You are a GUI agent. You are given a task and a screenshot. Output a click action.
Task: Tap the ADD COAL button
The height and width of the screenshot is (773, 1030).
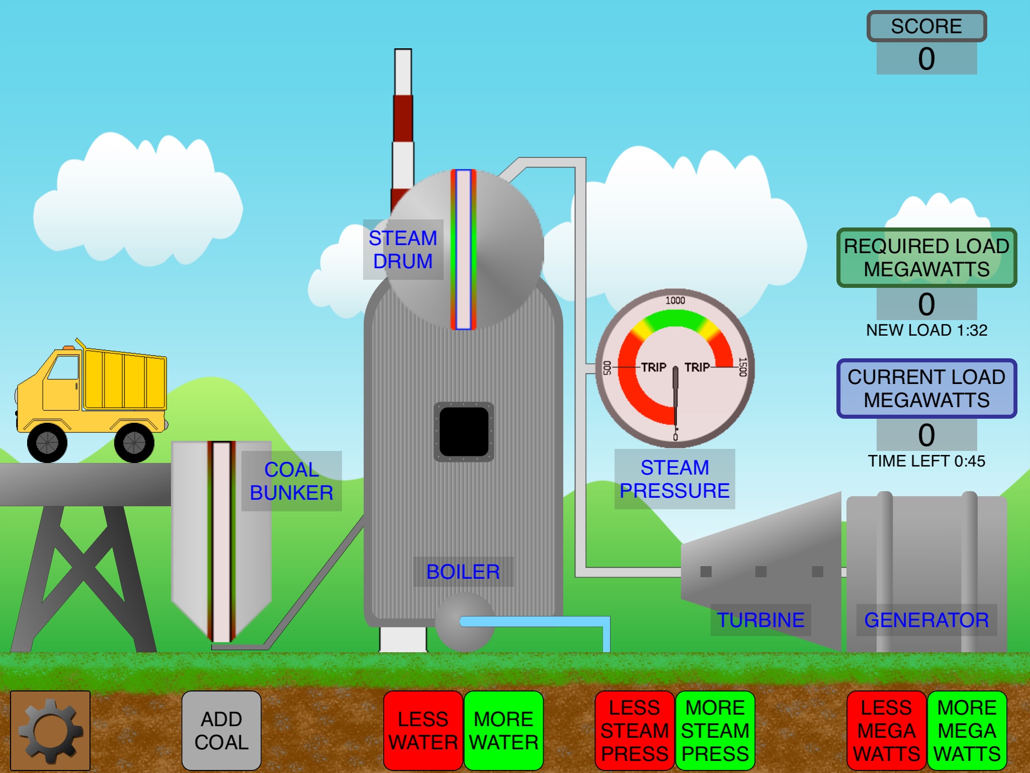click(x=221, y=730)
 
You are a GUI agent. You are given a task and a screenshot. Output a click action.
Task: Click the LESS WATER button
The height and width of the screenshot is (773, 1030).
click(x=423, y=730)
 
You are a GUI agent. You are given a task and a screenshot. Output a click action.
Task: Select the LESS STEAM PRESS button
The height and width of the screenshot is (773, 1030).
click(x=634, y=730)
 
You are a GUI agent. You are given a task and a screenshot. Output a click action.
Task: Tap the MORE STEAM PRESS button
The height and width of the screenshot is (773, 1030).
click(x=715, y=730)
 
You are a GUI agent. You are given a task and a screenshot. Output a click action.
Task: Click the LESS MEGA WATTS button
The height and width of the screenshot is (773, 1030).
click(x=886, y=730)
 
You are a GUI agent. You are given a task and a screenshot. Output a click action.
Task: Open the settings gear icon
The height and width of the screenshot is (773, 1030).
click(x=50, y=730)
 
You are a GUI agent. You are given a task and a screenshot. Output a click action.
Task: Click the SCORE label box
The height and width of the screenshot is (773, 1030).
click(x=926, y=26)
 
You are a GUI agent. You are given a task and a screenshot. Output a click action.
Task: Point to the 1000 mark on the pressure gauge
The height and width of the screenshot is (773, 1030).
click(x=675, y=300)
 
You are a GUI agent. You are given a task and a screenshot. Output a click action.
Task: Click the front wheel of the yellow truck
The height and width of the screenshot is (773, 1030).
click(x=47, y=442)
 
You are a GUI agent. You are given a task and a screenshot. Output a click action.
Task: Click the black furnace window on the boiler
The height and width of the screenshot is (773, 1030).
click(x=464, y=431)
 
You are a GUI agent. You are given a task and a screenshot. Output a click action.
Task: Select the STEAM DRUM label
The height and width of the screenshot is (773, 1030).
click(x=403, y=250)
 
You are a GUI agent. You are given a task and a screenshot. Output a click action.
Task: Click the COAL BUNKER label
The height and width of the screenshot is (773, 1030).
click(x=292, y=481)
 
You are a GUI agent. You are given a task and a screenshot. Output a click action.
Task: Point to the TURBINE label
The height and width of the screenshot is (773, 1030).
click(x=760, y=620)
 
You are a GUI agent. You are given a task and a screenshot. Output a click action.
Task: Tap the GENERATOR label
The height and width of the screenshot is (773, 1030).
click(x=926, y=620)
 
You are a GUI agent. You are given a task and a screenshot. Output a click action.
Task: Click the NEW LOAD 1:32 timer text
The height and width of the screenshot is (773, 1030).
click(x=926, y=330)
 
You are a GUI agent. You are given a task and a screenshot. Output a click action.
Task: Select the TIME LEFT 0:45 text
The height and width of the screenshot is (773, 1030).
click(x=926, y=461)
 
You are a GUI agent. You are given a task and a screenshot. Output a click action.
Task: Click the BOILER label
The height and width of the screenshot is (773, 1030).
click(x=463, y=572)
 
